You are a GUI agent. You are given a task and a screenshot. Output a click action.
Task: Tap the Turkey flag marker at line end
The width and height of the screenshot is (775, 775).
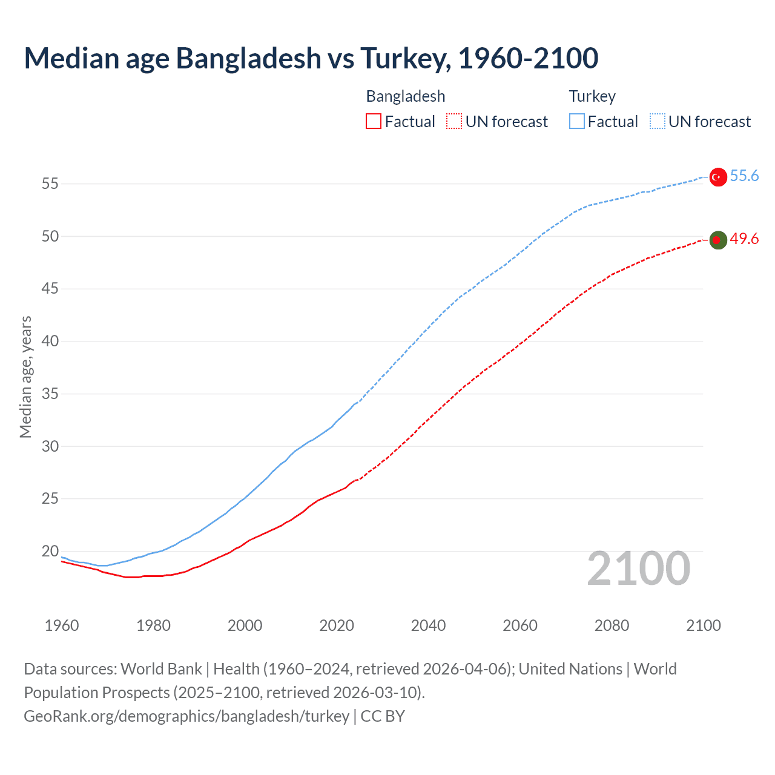point(717,177)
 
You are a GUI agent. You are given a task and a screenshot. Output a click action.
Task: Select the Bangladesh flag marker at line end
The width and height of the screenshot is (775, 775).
point(717,240)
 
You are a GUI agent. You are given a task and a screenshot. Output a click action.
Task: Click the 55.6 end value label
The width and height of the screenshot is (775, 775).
point(744,176)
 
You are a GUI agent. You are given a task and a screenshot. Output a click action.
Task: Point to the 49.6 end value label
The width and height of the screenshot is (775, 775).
point(744,239)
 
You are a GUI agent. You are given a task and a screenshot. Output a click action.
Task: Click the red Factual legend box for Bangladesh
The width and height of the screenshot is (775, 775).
point(374,122)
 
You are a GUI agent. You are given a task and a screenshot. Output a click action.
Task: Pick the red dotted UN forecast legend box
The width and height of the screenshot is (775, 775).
point(454,122)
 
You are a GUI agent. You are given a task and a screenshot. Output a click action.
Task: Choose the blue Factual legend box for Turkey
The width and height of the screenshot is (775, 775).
point(577,122)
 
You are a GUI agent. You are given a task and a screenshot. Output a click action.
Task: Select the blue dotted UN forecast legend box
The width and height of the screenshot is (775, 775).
point(658,122)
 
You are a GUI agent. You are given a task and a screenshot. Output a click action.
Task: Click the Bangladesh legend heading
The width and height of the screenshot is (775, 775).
point(406,96)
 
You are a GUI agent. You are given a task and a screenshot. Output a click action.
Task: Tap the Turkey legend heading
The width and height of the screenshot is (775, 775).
point(592,96)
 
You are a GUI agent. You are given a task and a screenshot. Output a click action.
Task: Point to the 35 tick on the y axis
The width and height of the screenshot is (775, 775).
point(50,394)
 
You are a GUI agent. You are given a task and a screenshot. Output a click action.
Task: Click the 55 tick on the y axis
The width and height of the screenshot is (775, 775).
point(50,183)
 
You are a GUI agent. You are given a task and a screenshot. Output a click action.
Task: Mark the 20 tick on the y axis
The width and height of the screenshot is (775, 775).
point(50,552)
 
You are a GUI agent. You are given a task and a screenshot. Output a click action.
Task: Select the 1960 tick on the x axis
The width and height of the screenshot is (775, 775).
point(62,625)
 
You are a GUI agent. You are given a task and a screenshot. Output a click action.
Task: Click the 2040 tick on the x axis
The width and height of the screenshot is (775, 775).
point(428,625)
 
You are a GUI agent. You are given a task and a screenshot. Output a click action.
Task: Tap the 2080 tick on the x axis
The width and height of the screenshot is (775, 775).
point(612,625)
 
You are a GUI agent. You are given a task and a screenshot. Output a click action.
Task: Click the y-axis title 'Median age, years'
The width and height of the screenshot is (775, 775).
point(25,377)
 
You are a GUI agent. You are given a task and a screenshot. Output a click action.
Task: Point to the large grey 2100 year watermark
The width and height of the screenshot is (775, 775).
point(638,568)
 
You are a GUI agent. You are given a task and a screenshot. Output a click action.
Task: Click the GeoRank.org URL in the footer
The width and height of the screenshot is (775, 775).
point(186,716)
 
